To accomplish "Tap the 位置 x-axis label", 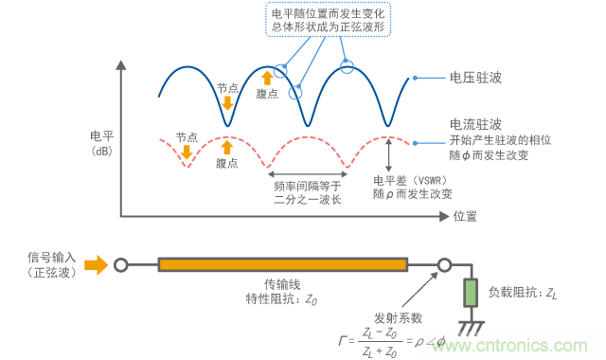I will pos(464,216).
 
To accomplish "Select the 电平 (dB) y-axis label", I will pos(101,142).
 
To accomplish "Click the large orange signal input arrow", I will pos(96,264).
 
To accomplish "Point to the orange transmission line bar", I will pos(283,265).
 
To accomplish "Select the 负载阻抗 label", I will pos(518,293).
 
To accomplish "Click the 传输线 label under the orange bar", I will pos(282,284).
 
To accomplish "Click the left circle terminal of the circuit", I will pos(120,265).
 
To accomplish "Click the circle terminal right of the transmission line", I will pos(441,265).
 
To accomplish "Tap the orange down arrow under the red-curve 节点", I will pos(187,152).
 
